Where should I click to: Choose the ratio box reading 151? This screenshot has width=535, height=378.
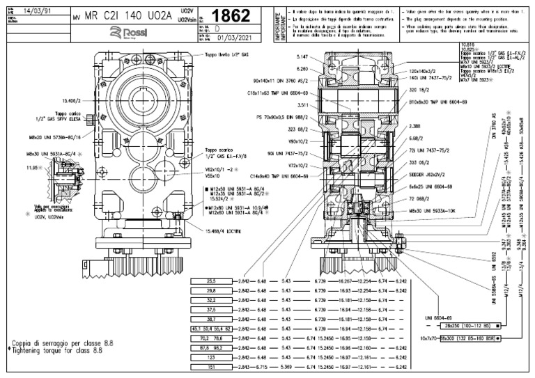click(211, 366)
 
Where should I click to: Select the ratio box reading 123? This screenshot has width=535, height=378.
click(211, 356)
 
